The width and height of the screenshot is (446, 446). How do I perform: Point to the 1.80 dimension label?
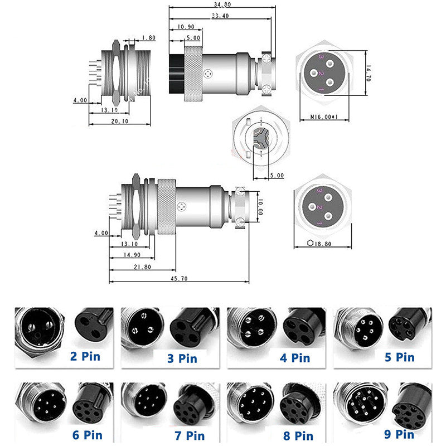pos(149,38)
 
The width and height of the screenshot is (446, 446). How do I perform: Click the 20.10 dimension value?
pos(119,121)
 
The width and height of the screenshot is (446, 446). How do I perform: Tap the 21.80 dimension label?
pos(142,267)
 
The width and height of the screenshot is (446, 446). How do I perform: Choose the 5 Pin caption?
pos(399,357)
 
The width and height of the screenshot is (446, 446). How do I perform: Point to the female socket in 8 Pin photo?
pos(299,406)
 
